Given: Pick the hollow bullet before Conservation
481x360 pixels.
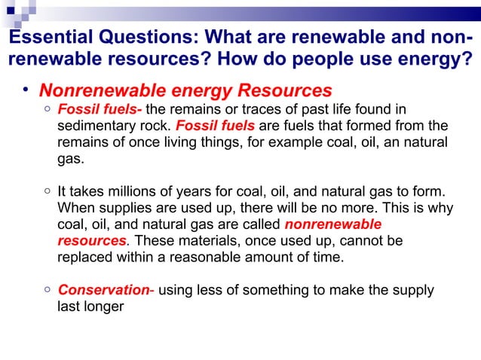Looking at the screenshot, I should coord(47,290).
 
